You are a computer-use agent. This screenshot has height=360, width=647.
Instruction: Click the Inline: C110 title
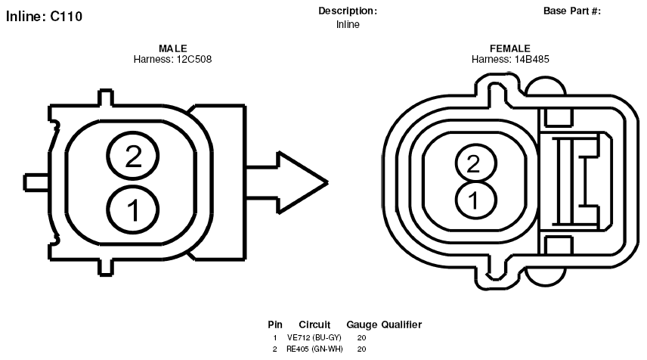(44, 17)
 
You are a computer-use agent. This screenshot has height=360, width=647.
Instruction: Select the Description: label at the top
(348, 11)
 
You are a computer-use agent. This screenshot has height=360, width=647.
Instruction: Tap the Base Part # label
(572, 11)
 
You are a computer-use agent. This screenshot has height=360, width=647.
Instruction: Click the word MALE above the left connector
(173, 48)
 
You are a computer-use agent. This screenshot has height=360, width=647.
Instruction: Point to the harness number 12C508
(194, 60)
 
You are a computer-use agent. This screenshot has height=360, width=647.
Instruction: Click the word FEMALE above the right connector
(510, 48)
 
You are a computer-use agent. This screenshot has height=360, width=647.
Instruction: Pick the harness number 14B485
(532, 60)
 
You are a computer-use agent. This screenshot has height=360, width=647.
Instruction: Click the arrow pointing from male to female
(287, 182)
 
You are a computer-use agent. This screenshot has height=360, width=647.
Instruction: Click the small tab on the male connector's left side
(36, 182)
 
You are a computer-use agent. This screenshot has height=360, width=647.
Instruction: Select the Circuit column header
(314, 325)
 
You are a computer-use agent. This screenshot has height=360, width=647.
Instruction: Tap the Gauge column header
(362, 325)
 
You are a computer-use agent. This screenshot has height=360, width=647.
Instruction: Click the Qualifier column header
(401, 325)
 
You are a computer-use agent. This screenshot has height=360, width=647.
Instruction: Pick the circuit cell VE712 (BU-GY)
(314, 338)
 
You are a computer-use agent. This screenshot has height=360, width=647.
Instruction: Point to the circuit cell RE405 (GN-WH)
(314, 349)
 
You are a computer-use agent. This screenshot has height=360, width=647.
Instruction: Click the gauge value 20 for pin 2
(361, 349)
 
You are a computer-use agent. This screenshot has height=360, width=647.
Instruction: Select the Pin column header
(275, 325)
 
